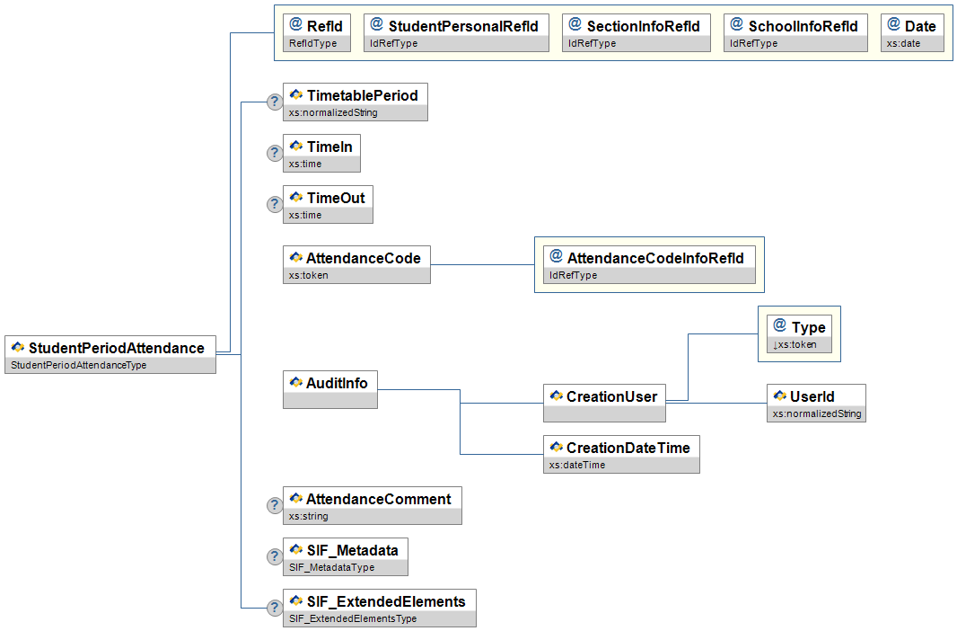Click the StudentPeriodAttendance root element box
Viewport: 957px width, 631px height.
click(x=110, y=354)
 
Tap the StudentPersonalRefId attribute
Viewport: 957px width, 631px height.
click(x=456, y=32)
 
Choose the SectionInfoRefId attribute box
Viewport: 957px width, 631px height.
click(x=637, y=32)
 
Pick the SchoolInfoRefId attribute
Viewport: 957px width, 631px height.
click(x=795, y=32)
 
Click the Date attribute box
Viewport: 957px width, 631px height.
click(x=913, y=32)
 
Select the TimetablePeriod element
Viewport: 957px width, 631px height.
click(x=356, y=102)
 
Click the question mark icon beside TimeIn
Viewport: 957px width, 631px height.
click(x=275, y=154)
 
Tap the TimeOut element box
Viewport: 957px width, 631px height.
click(x=328, y=204)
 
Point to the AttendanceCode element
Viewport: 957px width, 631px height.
click(x=356, y=264)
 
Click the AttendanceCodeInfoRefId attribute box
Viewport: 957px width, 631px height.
click(x=649, y=264)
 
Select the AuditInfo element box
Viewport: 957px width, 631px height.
click(x=329, y=389)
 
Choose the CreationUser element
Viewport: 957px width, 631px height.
click(x=604, y=403)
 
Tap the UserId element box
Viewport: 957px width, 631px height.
click(x=816, y=402)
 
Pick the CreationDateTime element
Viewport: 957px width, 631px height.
click(x=621, y=454)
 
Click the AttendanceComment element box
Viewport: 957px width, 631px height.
click(x=372, y=505)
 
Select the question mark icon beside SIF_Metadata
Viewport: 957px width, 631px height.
click(x=275, y=557)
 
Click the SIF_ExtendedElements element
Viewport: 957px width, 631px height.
click(x=379, y=608)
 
